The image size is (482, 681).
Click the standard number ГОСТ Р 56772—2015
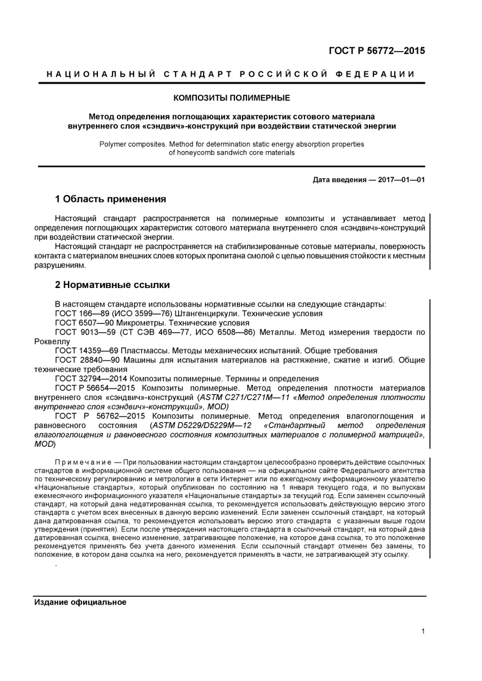click(x=376, y=51)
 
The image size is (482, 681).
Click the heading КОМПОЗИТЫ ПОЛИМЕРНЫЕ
click(x=232, y=98)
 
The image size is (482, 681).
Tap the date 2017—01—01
click(x=401, y=180)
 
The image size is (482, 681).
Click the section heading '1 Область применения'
click(x=110, y=199)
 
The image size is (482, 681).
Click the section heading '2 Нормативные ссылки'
click(x=112, y=285)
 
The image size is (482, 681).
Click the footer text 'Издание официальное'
click(x=80, y=602)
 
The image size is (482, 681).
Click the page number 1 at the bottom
click(x=423, y=631)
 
